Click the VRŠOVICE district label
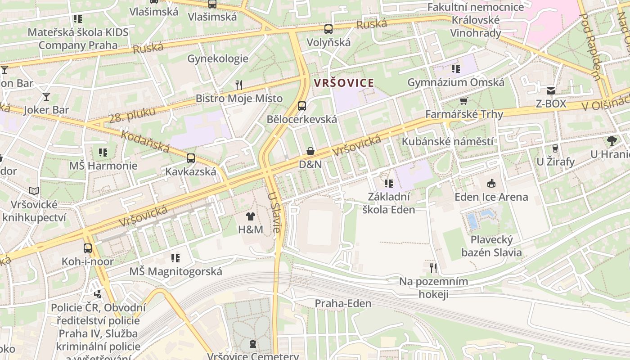(344, 83)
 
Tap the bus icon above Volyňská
(328, 29)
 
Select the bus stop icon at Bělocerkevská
(302, 106)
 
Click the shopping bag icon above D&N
(310, 151)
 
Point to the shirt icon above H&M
(251, 216)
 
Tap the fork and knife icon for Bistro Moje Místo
(239, 85)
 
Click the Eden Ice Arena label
(491, 197)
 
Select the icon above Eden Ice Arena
(491, 183)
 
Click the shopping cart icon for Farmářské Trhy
(464, 101)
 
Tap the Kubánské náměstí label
(447, 141)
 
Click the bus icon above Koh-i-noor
(88, 248)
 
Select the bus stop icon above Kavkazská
(191, 158)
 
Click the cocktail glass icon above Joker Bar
(46, 96)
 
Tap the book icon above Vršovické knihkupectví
(34, 191)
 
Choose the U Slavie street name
(274, 212)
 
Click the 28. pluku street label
(132, 116)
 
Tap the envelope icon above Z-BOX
(551, 90)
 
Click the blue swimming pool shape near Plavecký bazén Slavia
(472, 220)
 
